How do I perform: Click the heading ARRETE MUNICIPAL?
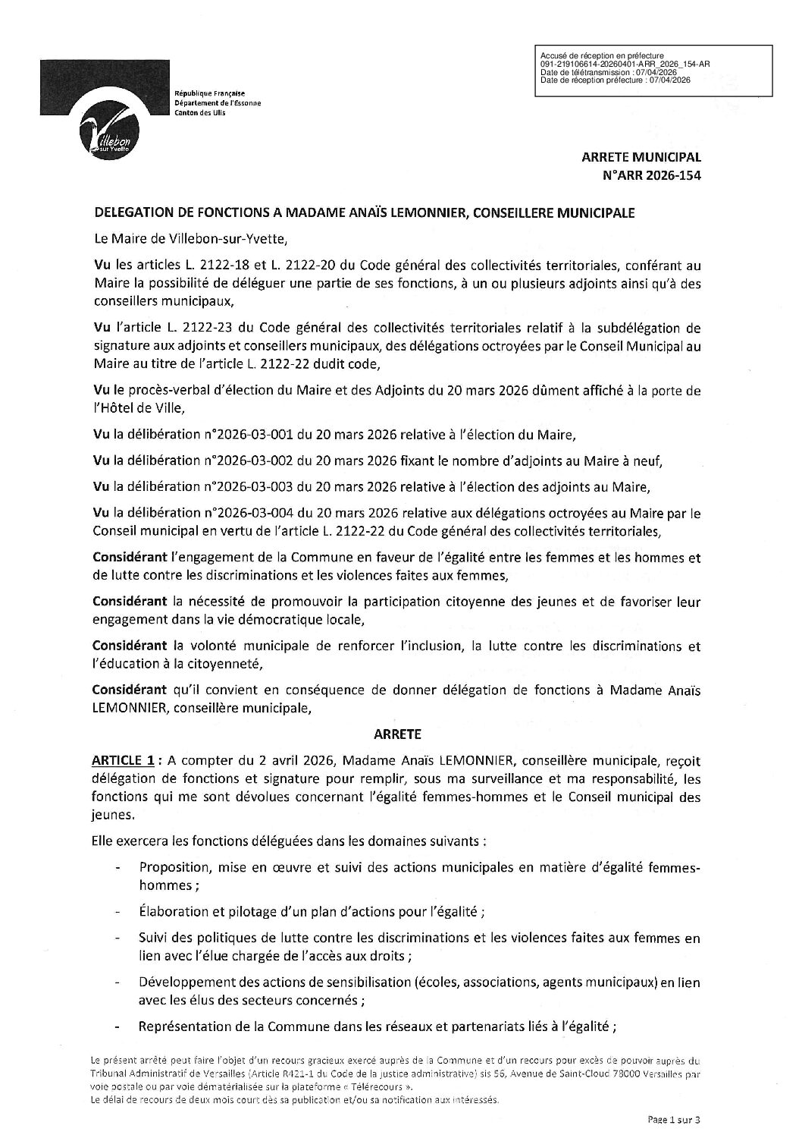641,158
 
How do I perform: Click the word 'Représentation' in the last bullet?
177,1027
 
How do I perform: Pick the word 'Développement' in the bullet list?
179,982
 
